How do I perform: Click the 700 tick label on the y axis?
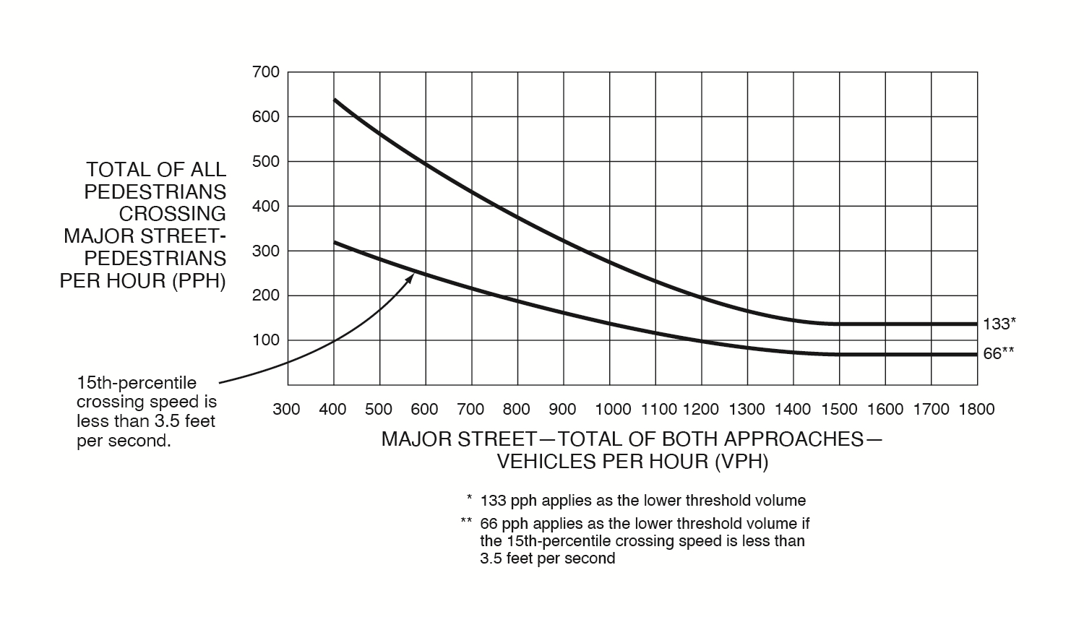pyautogui.click(x=266, y=72)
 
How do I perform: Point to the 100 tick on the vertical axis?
pyautogui.click(x=266, y=340)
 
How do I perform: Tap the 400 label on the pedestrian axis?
pyautogui.click(x=266, y=207)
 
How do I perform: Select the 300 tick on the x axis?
pyautogui.click(x=286, y=410)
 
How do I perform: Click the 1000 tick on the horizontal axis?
pyautogui.click(x=613, y=410)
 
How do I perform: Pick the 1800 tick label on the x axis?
pyautogui.click(x=976, y=410)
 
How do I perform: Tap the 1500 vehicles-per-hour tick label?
pyautogui.click(x=839, y=410)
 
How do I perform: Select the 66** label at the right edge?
pyautogui.click(x=999, y=354)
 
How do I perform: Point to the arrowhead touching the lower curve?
pyautogui.click(x=410, y=277)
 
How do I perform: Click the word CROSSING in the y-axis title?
pyautogui.click(x=173, y=215)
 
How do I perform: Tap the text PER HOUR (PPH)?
pyautogui.click(x=143, y=281)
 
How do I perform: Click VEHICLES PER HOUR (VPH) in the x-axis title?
pyautogui.click(x=632, y=462)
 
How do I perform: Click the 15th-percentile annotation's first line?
pyautogui.click(x=137, y=383)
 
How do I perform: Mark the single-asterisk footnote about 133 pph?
pyautogui.click(x=642, y=501)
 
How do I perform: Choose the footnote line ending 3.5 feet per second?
pyautogui.click(x=547, y=558)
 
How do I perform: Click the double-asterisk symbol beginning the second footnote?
pyautogui.click(x=466, y=522)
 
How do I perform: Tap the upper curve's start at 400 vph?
pyautogui.click(x=334, y=100)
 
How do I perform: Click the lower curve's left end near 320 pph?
pyautogui.click(x=334, y=242)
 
